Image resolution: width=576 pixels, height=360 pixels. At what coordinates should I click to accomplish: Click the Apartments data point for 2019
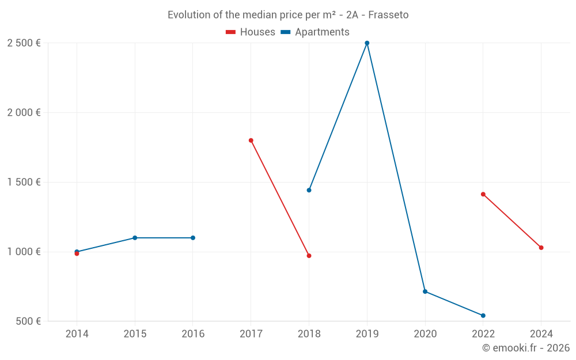click(x=367, y=43)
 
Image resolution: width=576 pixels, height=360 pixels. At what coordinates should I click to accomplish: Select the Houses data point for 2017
click(x=251, y=141)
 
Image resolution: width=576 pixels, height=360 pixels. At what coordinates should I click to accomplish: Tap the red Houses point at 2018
click(x=309, y=256)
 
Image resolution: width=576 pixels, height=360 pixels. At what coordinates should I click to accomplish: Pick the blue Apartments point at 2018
click(x=309, y=190)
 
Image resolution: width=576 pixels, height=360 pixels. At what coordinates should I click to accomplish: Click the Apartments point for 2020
click(x=425, y=291)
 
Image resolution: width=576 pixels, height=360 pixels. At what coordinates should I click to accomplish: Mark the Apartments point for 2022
click(x=483, y=316)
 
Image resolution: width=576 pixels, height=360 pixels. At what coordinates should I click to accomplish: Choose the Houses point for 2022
click(x=483, y=194)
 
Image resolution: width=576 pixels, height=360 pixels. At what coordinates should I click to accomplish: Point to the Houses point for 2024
click(x=541, y=248)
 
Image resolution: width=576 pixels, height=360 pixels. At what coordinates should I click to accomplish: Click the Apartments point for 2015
click(x=135, y=238)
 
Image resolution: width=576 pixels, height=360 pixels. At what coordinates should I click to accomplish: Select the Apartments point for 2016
click(x=193, y=238)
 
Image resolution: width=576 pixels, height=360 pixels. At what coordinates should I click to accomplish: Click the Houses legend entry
click(x=251, y=32)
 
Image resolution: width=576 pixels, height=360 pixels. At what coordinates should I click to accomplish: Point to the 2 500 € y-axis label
click(x=24, y=43)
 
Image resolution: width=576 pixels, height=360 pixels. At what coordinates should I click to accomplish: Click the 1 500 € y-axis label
click(x=24, y=183)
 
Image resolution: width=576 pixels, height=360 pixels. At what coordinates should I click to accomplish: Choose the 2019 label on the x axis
click(x=367, y=334)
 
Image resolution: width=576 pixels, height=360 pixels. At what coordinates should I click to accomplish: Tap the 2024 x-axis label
click(x=541, y=334)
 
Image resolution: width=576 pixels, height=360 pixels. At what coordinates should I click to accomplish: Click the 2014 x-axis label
click(x=77, y=334)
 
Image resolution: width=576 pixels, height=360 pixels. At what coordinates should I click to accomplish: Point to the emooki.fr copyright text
click(x=526, y=348)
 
